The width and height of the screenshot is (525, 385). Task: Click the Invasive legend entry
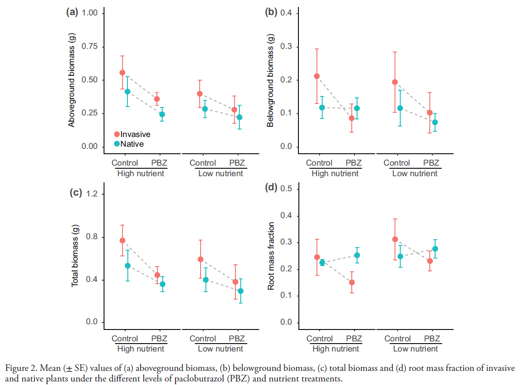pos(132,134)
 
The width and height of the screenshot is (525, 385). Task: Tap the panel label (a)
pos(71,12)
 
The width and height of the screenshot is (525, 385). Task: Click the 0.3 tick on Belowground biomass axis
pos(289,47)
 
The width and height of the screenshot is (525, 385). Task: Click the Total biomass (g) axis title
pos(75,255)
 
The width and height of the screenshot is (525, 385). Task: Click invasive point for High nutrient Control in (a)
pos(123,72)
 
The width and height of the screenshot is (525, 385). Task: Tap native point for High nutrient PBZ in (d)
pos(357,255)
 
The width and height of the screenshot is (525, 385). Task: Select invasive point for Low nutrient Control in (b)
pos(395,82)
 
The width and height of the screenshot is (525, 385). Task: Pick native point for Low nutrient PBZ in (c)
pos(241,291)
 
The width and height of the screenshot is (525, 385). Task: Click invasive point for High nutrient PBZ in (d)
pos(352,282)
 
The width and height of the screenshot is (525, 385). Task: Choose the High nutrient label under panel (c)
pos(141,349)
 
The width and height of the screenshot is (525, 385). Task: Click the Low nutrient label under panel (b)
pos(415,174)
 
